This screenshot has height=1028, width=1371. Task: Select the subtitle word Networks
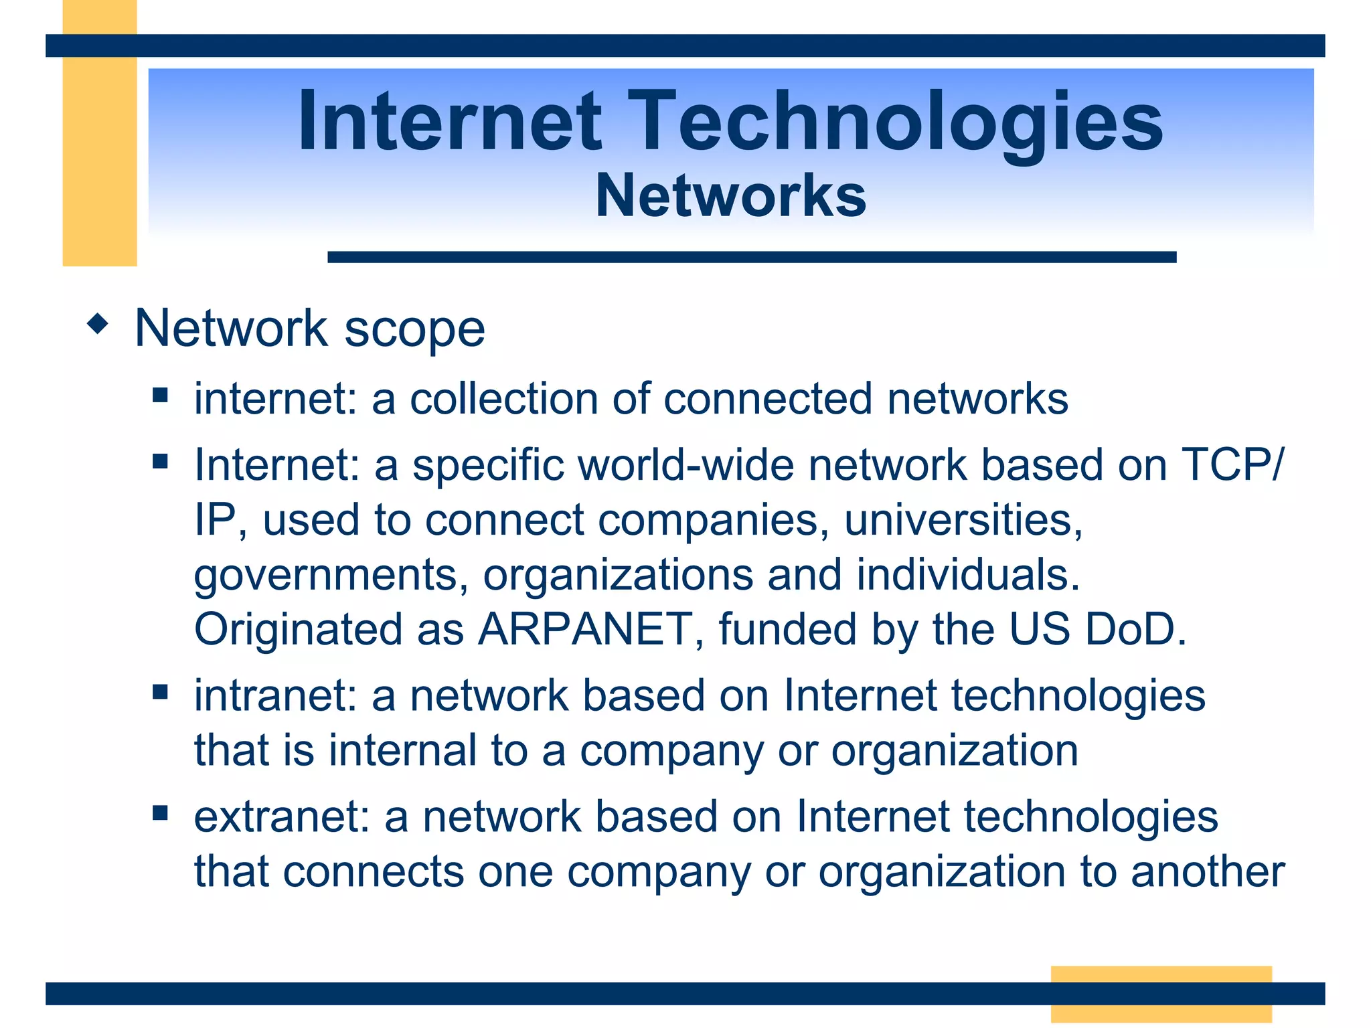[731, 195]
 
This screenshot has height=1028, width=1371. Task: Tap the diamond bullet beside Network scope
[98, 325]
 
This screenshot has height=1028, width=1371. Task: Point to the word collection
[503, 399]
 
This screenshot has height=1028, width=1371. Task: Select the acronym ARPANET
[584, 629]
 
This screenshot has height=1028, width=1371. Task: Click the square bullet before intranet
[160, 691]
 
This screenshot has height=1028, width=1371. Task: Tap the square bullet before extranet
[160, 813]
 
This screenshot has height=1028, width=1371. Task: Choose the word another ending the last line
[1208, 871]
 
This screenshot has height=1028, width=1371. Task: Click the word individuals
[967, 575]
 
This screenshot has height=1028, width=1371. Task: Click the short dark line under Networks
[751, 257]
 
